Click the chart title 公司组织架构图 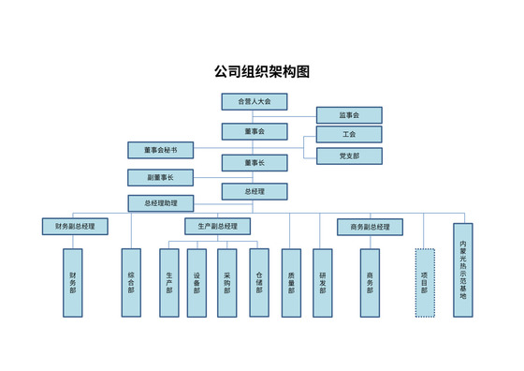262,71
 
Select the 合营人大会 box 254,101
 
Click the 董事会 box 254,132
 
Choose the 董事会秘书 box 160,150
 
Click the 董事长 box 254,163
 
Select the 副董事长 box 160,177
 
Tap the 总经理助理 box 160,203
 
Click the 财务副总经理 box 75,227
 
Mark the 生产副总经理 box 218,227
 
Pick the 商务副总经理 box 370,227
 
